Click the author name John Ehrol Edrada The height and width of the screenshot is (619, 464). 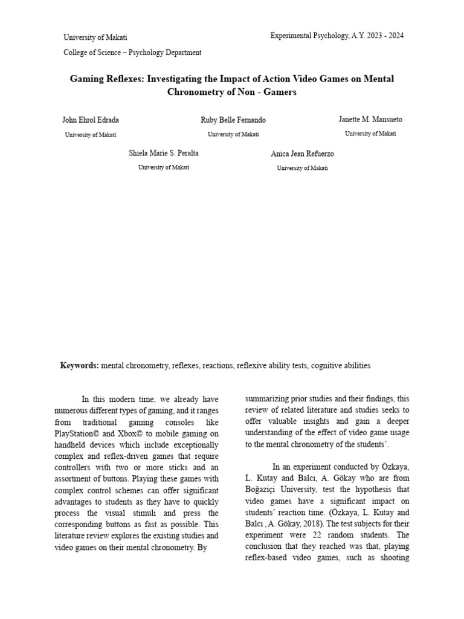(x=90, y=120)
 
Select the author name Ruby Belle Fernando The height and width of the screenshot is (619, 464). (x=233, y=120)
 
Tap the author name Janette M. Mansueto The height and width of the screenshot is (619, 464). (x=370, y=120)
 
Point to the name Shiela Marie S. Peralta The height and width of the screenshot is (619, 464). (x=163, y=154)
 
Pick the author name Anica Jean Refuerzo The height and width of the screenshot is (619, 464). (x=302, y=154)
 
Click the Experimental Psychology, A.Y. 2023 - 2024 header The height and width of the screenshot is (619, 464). (x=337, y=36)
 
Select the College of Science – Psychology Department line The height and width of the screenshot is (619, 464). (x=132, y=53)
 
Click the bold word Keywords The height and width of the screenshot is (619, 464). (x=79, y=366)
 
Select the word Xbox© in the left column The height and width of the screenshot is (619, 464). (x=143, y=434)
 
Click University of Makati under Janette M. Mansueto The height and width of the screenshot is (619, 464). (x=370, y=134)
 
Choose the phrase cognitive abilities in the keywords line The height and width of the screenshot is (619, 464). (x=341, y=366)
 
